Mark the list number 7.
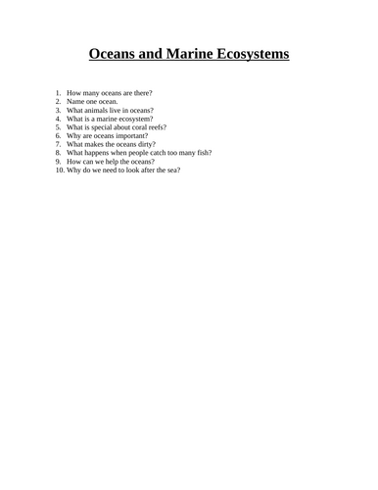click(58, 144)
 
